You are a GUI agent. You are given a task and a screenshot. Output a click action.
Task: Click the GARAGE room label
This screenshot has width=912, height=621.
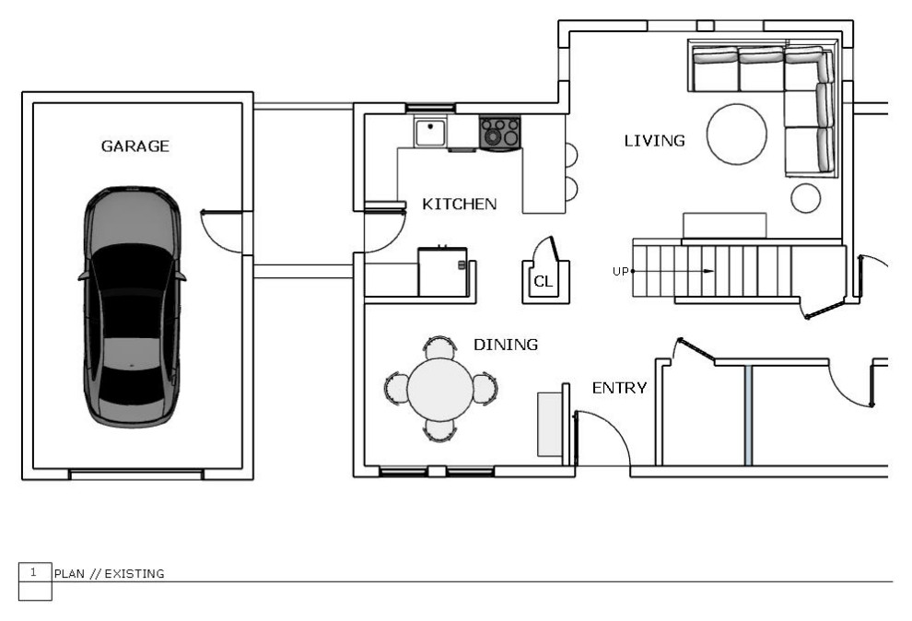tap(134, 146)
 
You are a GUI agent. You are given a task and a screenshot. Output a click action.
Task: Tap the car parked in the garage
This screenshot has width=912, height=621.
tap(133, 307)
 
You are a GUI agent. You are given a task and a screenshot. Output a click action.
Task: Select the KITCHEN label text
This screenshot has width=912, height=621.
tap(459, 205)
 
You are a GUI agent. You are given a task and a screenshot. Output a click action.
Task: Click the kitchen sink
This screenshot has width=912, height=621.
tap(430, 133)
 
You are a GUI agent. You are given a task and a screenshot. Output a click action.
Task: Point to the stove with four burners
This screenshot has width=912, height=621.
tap(499, 133)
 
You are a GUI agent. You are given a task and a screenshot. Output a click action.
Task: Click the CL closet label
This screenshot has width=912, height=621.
tap(543, 281)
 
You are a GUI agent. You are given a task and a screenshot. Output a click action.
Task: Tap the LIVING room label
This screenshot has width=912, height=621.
tap(654, 141)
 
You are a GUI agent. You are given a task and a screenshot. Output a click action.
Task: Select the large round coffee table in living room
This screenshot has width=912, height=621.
tap(736, 134)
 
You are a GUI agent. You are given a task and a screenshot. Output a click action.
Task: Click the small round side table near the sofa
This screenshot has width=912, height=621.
tap(805, 198)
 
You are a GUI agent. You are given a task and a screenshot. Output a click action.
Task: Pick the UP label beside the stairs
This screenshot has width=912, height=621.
tap(621, 272)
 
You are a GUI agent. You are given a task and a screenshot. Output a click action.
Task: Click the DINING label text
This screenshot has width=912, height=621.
tap(506, 345)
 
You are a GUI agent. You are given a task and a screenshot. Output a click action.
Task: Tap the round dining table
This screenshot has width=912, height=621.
tap(440, 390)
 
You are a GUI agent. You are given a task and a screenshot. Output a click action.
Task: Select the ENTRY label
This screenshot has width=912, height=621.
tap(619, 388)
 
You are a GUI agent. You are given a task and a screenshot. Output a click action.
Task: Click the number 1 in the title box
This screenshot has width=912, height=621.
tap(33, 572)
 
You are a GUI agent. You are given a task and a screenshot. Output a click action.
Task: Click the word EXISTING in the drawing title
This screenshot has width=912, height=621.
tap(134, 574)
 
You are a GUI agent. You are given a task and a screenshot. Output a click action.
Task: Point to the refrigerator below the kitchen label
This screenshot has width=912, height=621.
tap(442, 272)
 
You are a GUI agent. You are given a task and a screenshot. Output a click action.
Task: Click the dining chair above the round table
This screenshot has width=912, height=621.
tap(439, 347)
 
